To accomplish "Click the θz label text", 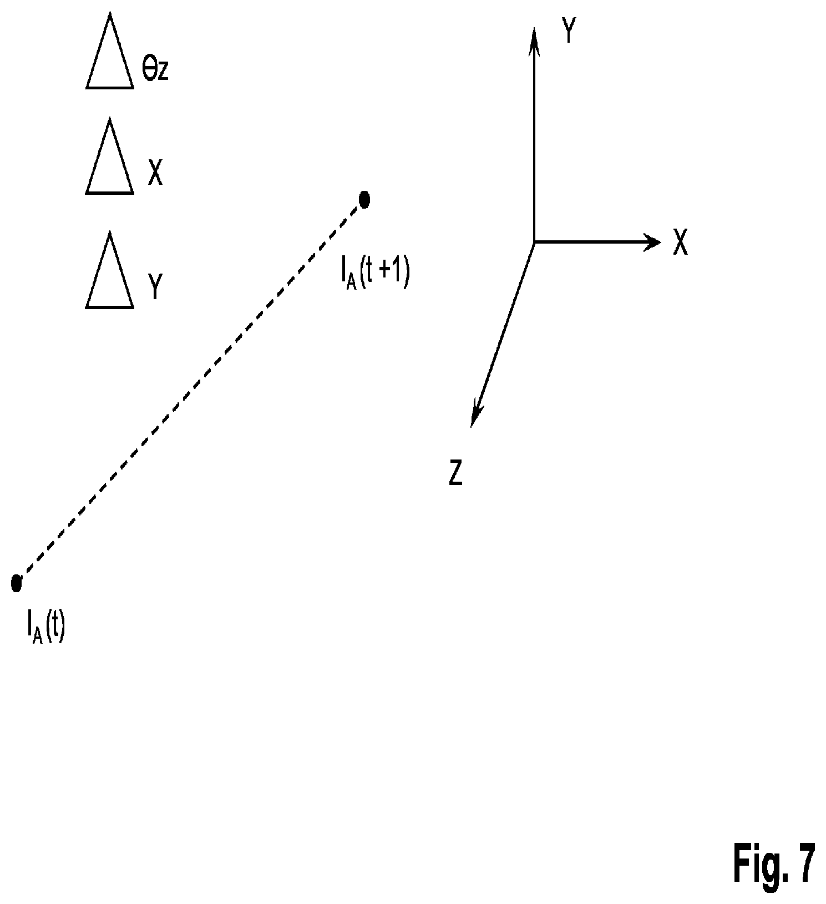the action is pos(155,70).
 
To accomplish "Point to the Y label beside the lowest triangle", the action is pos(155,287).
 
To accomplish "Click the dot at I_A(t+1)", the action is pos(364,199).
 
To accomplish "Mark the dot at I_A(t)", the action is pos(16,583).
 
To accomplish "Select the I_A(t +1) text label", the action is pos(374,275).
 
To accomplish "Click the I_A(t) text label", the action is pos(45,629).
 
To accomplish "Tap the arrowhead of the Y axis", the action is pos(534,41).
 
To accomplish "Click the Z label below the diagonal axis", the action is pos(455,474).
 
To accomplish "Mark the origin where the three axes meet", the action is pos(534,242).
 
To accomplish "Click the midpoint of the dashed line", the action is pos(190,391).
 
